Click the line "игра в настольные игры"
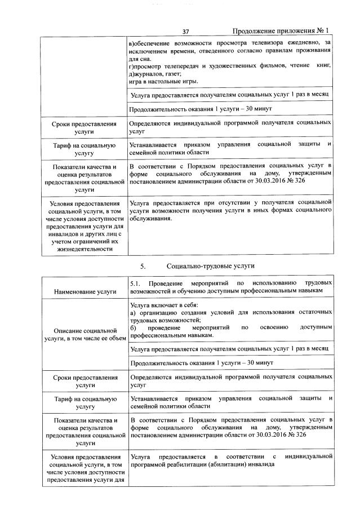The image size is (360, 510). [163, 82]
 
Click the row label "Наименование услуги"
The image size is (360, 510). [85, 291]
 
